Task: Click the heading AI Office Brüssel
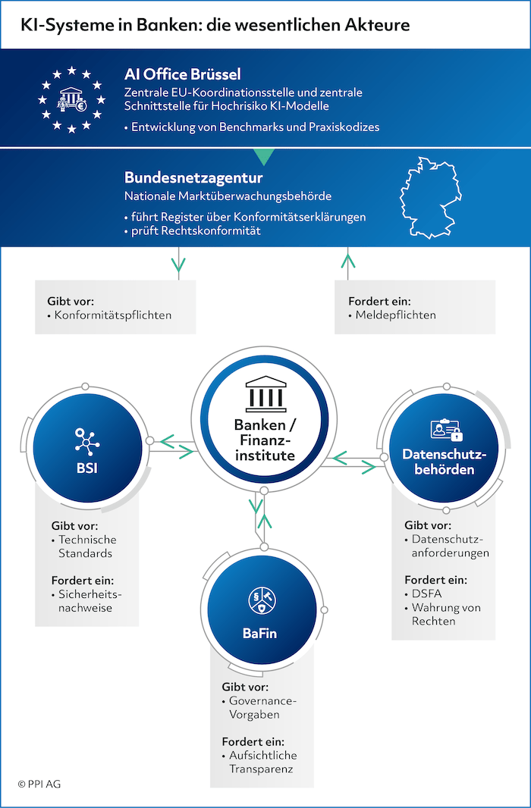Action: click(182, 74)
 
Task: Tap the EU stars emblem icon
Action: click(71, 99)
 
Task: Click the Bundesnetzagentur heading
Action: click(193, 178)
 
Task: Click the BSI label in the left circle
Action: click(86, 468)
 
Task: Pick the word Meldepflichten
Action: click(396, 315)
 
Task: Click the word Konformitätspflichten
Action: click(113, 315)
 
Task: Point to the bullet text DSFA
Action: click(426, 594)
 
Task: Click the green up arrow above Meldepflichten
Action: click(348, 261)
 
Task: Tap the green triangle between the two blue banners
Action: click(264, 156)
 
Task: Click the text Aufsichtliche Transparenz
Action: click(262, 762)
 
